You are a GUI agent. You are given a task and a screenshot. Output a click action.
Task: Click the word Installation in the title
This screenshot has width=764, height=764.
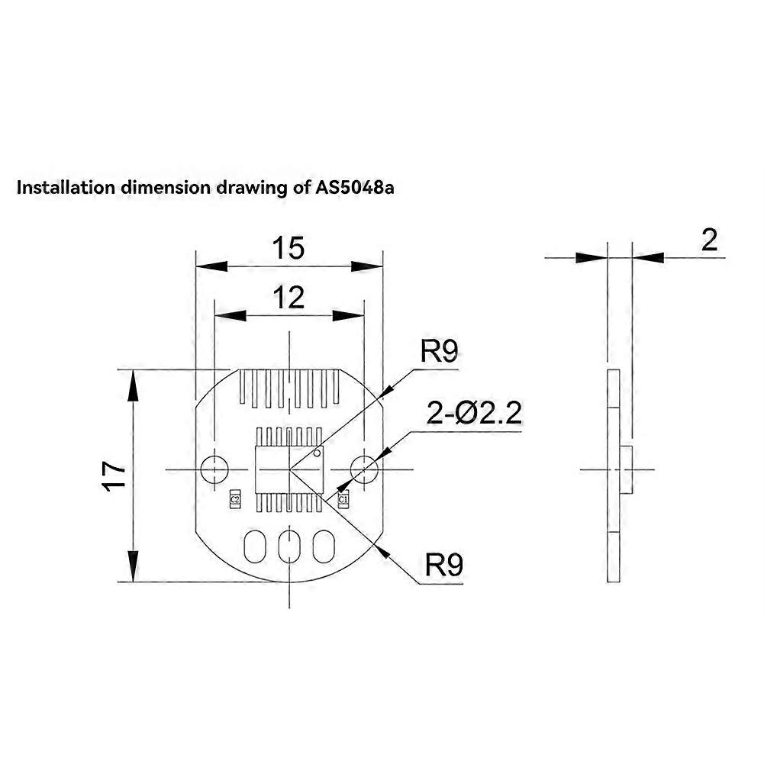coord(65,188)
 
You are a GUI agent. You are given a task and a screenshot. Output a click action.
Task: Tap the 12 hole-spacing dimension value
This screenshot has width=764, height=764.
coord(289,297)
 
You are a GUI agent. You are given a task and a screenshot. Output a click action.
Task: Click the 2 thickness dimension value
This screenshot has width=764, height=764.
coord(709,240)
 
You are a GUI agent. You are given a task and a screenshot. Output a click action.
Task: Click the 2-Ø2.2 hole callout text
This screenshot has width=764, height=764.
coord(474,414)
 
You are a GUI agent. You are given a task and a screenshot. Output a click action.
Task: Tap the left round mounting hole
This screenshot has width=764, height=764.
coord(214,468)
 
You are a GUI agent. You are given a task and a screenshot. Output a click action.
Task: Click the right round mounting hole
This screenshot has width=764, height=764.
coord(364,468)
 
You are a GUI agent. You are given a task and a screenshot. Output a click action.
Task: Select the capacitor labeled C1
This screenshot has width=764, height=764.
coord(343,499)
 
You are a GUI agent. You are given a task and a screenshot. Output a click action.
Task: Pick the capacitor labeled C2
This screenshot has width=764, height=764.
coord(235,498)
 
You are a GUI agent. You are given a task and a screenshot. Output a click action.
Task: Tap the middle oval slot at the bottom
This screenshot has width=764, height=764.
coord(289,546)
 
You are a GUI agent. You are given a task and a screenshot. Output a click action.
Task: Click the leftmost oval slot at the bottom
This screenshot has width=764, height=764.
coord(254,546)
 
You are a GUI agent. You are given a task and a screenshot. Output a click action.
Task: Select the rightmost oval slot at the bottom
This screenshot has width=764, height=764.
coord(324,546)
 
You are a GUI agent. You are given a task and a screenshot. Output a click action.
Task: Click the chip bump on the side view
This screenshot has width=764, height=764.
coord(626,469)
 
